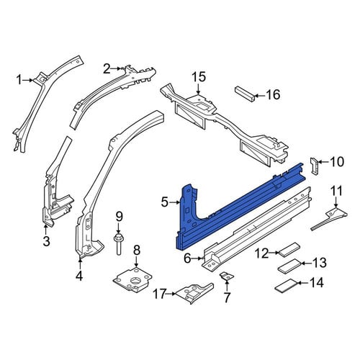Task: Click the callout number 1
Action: pyautogui.click(x=19, y=80)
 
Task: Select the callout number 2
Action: pyautogui.click(x=107, y=69)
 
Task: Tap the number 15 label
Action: pyautogui.click(x=199, y=77)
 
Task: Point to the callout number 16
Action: pyautogui.click(x=273, y=94)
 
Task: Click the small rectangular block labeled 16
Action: pyautogui.click(x=245, y=94)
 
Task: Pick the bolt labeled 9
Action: pyautogui.click(x=119, y=243)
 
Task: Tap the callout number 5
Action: pyautogui.click(x=165, y=202)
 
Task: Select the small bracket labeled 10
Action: pyautogui.click(x=315, y=165)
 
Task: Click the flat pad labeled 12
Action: pyautogui.click(x=288, y=250)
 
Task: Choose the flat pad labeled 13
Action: pyautogui.click(x=289, y=266)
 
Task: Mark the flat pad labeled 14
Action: pyautogui.click(x=287, y=285)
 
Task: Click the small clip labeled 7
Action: pyautogui.click(x=227, y=276)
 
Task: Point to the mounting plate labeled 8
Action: pyautogui.click(x=132, y=279)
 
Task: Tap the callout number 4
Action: pyautogui.click(x=79, y=276)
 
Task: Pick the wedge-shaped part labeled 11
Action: pyautogui.click(x=329, y=218)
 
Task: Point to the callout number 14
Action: pyautogui.click(x=316, y=283)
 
